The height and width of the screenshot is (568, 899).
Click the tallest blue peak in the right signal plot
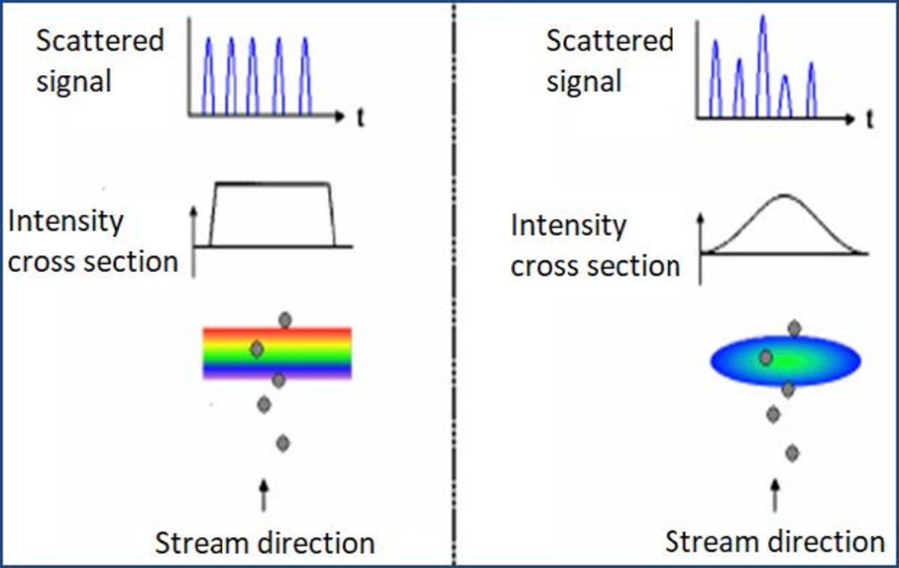[763, 66]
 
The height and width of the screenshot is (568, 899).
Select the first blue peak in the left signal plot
[208, 76]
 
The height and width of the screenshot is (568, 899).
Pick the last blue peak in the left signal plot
[306, 76]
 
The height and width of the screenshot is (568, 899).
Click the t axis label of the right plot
[870, 120]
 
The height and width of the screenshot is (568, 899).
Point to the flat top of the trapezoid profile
[273, 184]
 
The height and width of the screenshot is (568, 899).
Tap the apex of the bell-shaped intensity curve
[784, 196]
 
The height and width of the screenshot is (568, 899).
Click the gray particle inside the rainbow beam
[257, 349]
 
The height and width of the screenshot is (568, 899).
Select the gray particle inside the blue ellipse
[766, 357]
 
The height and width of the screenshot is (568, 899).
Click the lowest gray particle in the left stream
[283, 443]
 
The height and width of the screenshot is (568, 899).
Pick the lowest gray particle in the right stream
[793, 453]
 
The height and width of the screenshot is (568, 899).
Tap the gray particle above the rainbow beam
[285, 320]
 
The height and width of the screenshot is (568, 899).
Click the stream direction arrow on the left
[263, 495]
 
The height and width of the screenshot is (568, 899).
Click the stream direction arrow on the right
[775, 496]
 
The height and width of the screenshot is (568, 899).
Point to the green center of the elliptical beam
[786, 361]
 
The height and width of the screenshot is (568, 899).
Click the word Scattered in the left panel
[100, 40]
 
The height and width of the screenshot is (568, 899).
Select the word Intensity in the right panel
[569, 226]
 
